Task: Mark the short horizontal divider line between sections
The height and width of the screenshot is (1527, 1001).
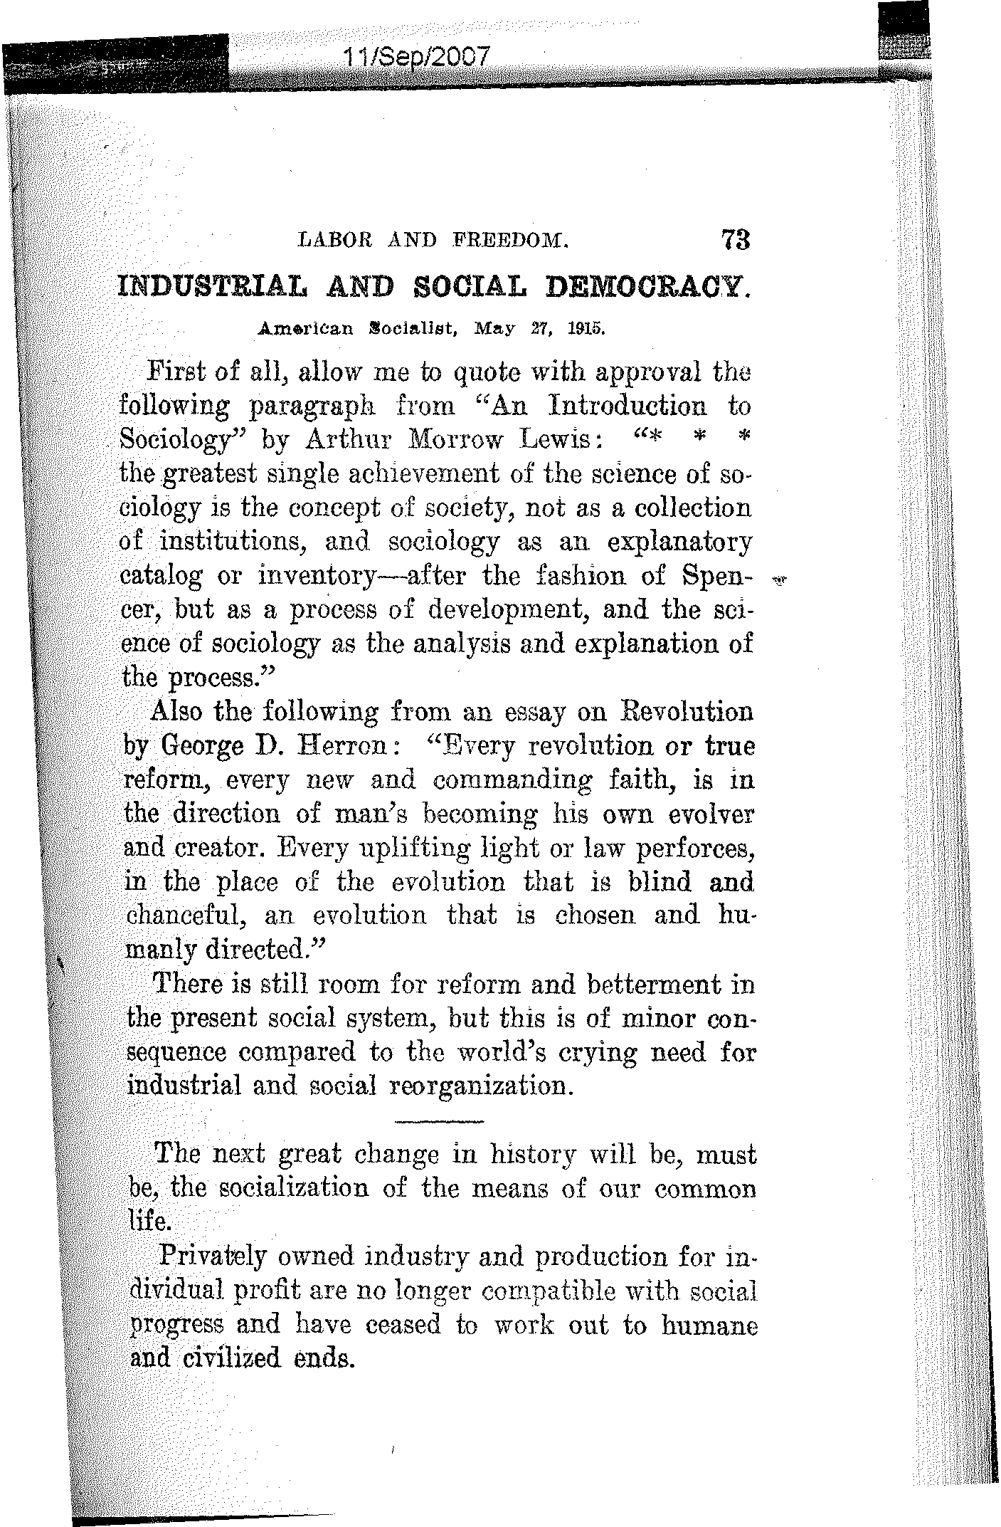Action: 437,1123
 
